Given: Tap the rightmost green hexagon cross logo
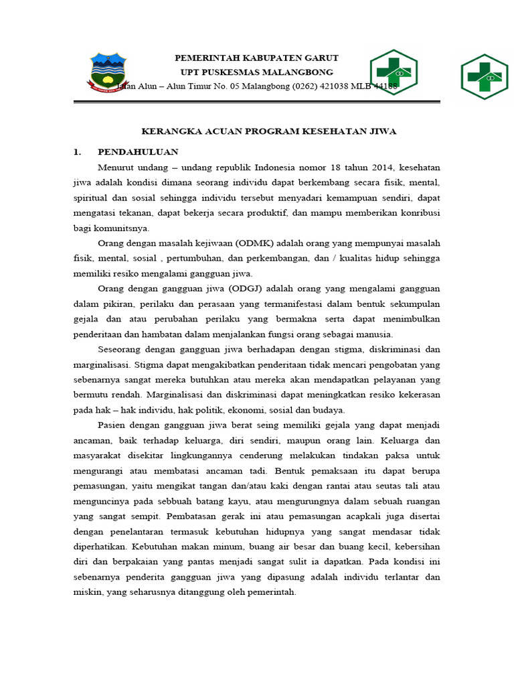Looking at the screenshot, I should [x=484, y=76].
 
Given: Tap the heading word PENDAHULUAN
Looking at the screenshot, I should [x=138, y=152].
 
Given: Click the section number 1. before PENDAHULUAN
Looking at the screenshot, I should [x=78, y=152].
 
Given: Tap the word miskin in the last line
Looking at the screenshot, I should [x=86, y=592].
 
